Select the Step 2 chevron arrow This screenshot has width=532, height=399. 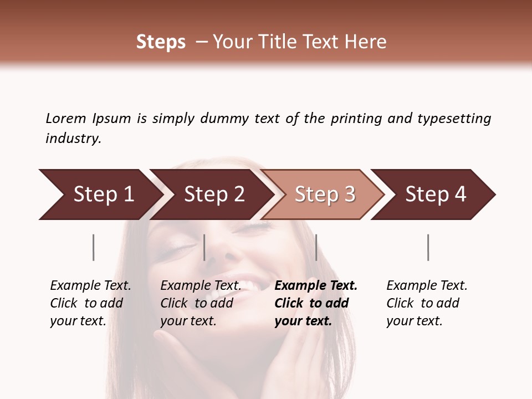[213, 195]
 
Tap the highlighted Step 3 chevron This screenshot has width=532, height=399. [324, 195]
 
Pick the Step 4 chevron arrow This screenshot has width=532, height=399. [435, 195]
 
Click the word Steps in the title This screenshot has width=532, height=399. [161, 42]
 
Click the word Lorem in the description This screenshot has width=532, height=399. [66, 119]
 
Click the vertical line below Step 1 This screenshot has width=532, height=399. [93, 247]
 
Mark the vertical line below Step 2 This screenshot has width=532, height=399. [204, 247]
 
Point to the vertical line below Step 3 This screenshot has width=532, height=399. [316, 247]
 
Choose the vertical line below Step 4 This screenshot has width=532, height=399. [428, 247]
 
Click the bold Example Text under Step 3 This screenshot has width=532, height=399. [316, 286]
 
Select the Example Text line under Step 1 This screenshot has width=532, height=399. [90, 286]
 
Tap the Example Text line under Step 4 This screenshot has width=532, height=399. [427, 286]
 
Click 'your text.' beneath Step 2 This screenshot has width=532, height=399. [188, 321]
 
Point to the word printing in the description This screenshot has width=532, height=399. [356, 119]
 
